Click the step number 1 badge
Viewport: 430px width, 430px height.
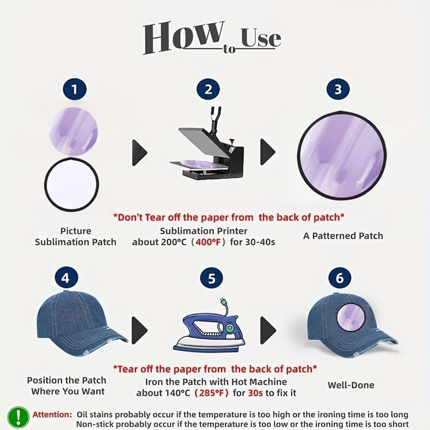tap(75, 89)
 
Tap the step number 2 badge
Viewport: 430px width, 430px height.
tap(209, 89)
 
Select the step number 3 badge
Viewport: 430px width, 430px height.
tap(338, 89)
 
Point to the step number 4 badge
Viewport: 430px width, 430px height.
tap(66, 278)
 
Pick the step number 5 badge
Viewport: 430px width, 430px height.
tap(211, 278)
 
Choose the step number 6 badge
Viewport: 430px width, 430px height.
tap(340, 278)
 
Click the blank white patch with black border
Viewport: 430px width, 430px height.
tap(71, 184)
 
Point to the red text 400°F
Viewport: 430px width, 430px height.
tap(209, 242)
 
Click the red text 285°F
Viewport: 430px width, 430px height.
tap(212, 393)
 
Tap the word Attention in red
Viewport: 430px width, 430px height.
tap(52, 414)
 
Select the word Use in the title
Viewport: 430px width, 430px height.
tap(261, 38)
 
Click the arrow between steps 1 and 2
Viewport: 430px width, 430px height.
tap(140, 153)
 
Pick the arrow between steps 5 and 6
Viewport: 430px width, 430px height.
tap(268, 331)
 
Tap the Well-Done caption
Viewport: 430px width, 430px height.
tap(351, 385)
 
